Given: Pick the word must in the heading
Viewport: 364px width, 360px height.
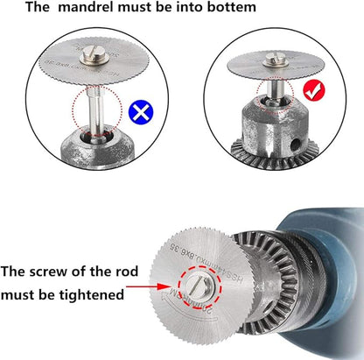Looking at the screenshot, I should point(124,8).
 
